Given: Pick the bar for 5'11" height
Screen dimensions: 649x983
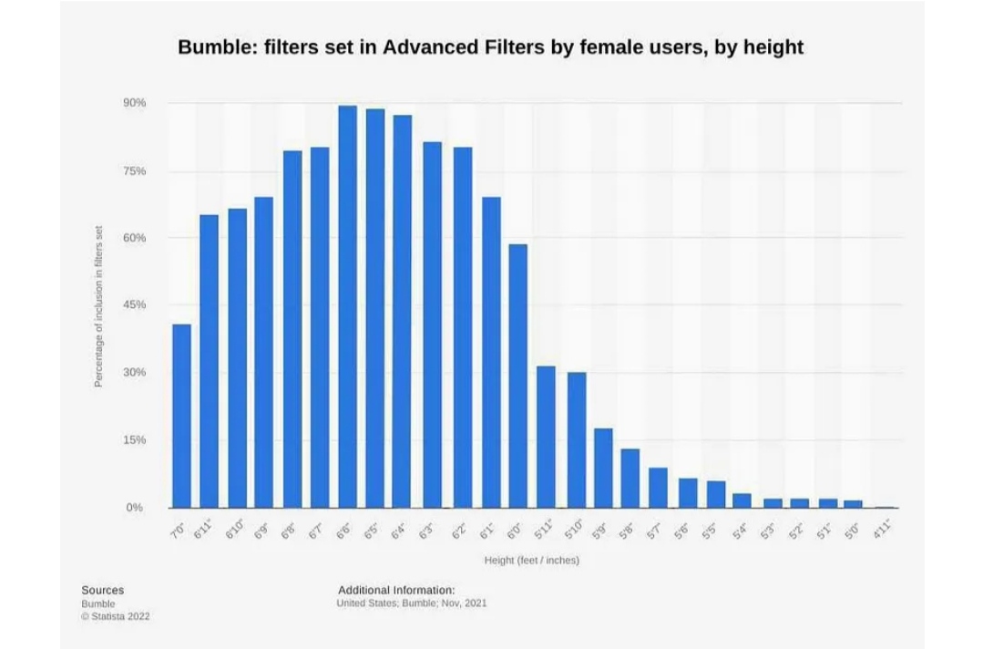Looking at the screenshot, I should click(x=546, y=437).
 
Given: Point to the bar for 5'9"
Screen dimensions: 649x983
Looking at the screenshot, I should click(x=603, y=468).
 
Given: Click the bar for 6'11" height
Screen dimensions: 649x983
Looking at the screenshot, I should click(x=209, y=361).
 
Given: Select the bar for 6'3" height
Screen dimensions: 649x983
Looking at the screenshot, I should click(x=432, y=324).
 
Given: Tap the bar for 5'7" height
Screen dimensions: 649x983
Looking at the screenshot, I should click(x=659, y=488).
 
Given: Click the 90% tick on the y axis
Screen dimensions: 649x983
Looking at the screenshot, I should click(x=135, y=103).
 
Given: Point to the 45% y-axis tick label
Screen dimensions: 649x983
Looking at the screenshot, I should click(x=135, y=304).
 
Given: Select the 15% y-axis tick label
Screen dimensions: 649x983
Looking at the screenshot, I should click(x=135, y=440).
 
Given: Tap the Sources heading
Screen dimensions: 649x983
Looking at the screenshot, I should click(x=102, y=590).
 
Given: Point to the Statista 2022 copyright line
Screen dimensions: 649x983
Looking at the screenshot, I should click(x=116, y=616).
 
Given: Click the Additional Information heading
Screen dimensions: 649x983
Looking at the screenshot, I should click(x=396, y=590).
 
